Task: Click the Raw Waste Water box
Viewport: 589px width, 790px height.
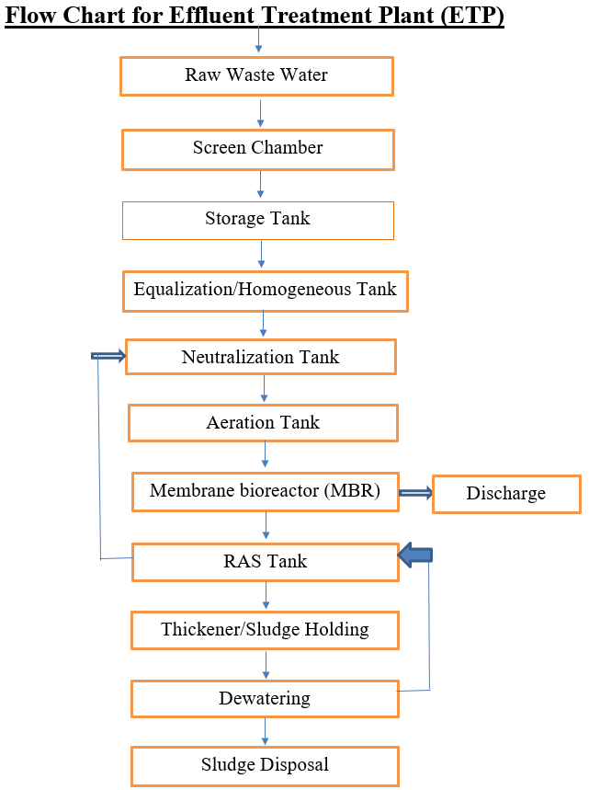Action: point(256,75)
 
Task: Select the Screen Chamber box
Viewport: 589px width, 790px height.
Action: point(257,148)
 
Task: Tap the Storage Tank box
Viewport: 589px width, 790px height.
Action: point(257,220)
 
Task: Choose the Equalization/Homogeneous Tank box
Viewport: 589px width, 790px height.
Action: point(265,290)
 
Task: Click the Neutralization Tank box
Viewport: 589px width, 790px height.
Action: point(260,357)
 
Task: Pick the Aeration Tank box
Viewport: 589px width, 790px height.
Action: point(263,423)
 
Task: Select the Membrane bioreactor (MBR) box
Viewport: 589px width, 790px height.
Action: point(265,491)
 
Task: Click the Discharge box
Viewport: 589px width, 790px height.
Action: point(506,494)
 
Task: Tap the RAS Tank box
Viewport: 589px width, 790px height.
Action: point(265,561)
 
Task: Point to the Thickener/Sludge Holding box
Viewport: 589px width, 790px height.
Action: point(265,630)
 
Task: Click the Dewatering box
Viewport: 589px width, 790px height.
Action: point(265,699)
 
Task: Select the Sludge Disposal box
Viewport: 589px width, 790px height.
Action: point(265,765)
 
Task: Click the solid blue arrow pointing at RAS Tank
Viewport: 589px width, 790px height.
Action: point(415,554)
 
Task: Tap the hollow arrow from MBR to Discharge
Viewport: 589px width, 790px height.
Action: point(414,494)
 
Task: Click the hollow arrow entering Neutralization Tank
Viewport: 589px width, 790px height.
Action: point(108,356)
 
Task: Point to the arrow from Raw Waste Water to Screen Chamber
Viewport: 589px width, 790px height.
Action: point(260,112)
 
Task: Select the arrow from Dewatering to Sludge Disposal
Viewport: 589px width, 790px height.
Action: point(266,731)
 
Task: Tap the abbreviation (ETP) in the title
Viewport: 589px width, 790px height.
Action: point(468,17)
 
